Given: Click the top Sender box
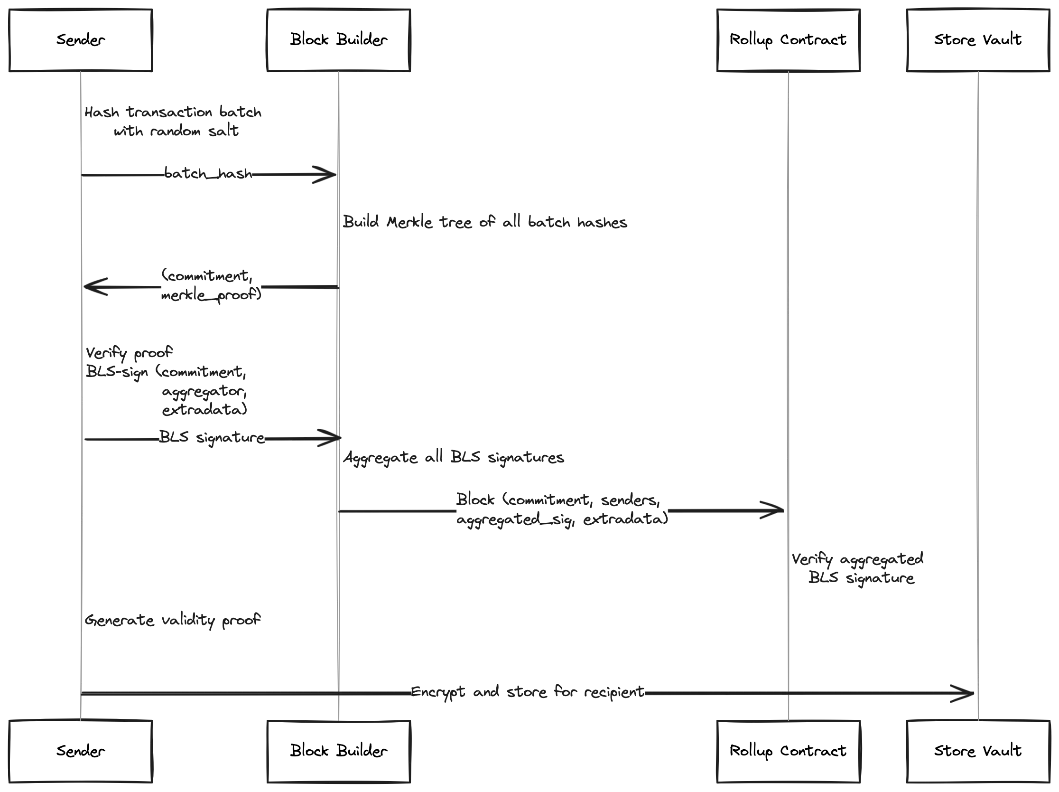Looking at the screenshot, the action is click(81, 40).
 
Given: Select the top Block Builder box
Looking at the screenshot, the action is click(338, 40).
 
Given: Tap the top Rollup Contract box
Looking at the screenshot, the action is click(788, 40).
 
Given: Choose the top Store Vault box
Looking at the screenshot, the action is click(978, 40).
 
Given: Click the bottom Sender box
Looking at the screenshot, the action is click(81, 751).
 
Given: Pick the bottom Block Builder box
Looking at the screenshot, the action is click(338, 751).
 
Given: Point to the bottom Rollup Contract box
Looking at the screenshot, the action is click(788, 751).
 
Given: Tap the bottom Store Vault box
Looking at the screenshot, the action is click(978, 751).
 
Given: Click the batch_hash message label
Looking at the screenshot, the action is click(208, 173).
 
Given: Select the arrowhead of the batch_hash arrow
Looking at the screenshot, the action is click(330, 175).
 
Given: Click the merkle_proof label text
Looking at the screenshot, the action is click(211, 295).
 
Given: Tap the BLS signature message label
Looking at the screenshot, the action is click(212, 437).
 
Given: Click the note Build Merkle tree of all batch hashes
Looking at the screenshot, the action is click(485, 222).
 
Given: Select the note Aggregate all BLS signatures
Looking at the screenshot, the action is click(454, 458).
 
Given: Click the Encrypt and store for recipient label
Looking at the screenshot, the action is click(528, 692).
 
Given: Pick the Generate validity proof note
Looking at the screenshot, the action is click(172, 621).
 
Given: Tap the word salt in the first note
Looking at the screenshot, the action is click(223, 130).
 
